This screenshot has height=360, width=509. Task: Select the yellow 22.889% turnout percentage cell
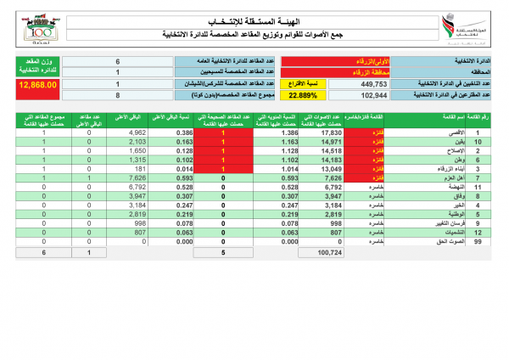click(301, 97)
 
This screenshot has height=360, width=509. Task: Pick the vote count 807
click(331, 232)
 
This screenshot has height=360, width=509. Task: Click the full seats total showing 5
click(224, 253)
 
